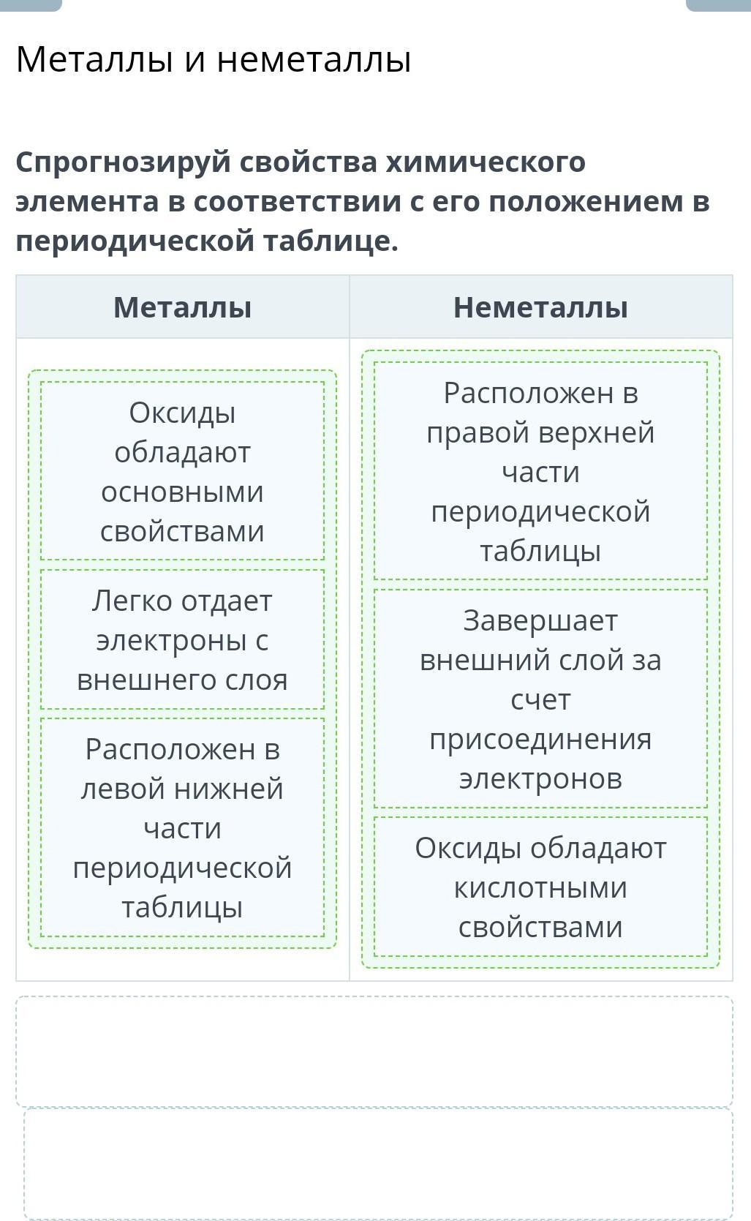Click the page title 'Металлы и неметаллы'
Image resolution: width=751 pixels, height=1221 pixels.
[214, 59]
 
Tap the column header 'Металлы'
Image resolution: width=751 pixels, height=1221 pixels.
[183, 307]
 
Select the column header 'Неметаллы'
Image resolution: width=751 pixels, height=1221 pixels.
[540, 307]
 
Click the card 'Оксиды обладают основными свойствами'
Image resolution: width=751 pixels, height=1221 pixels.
[183, 471]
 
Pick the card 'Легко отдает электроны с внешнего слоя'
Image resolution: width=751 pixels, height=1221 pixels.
[183, 639]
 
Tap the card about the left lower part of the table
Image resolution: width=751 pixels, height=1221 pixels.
[183, 827]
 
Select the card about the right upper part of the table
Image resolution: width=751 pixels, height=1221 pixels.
[540, 471]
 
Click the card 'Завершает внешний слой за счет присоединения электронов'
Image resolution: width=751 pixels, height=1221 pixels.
[540, 699]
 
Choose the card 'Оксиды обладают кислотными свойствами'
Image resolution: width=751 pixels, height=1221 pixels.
[540, 887]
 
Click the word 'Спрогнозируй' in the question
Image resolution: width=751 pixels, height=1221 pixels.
[123, 163]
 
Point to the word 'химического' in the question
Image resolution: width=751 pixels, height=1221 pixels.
[486, 162]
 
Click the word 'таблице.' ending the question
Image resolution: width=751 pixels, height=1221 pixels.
[331, 241]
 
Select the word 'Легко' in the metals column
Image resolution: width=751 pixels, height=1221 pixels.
[132, 601]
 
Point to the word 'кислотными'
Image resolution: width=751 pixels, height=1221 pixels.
[540, 888]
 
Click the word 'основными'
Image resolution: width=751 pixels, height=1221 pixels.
[183, 492]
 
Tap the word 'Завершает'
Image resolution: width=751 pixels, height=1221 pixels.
[540, 621]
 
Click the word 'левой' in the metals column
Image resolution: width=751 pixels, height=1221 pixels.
[116, 789]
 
